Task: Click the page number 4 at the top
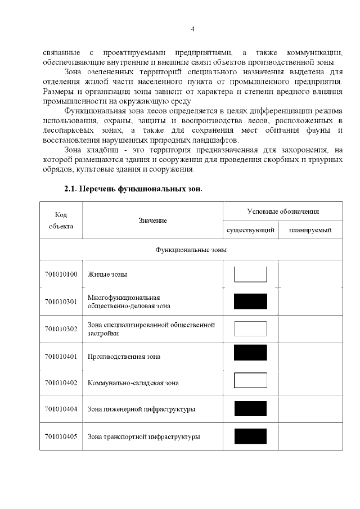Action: tap(192, 29)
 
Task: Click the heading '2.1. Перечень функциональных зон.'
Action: tap(133, 189)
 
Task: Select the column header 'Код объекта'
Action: tap(61, 220)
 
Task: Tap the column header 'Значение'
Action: tap(152, 220)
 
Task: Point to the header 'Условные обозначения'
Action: tap(283, 211)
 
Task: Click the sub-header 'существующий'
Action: tap(250, 230)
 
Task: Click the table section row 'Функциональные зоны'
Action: tap(191, 249)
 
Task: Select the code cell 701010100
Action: tap(61, 274)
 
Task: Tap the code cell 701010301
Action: tap(61, 301)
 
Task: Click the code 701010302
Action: tap(61, 329)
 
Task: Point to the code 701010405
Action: tap(61, 436)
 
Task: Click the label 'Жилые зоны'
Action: tap(107, 274)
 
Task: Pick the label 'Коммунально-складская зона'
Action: tap(133, 383)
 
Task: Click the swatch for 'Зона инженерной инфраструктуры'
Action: tap(250, 409)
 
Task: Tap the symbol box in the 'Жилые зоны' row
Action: tap(250, 274)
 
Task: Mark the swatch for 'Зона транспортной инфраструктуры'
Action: tap(250, 436)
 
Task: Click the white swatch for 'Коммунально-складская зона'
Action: tap(250, 381)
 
